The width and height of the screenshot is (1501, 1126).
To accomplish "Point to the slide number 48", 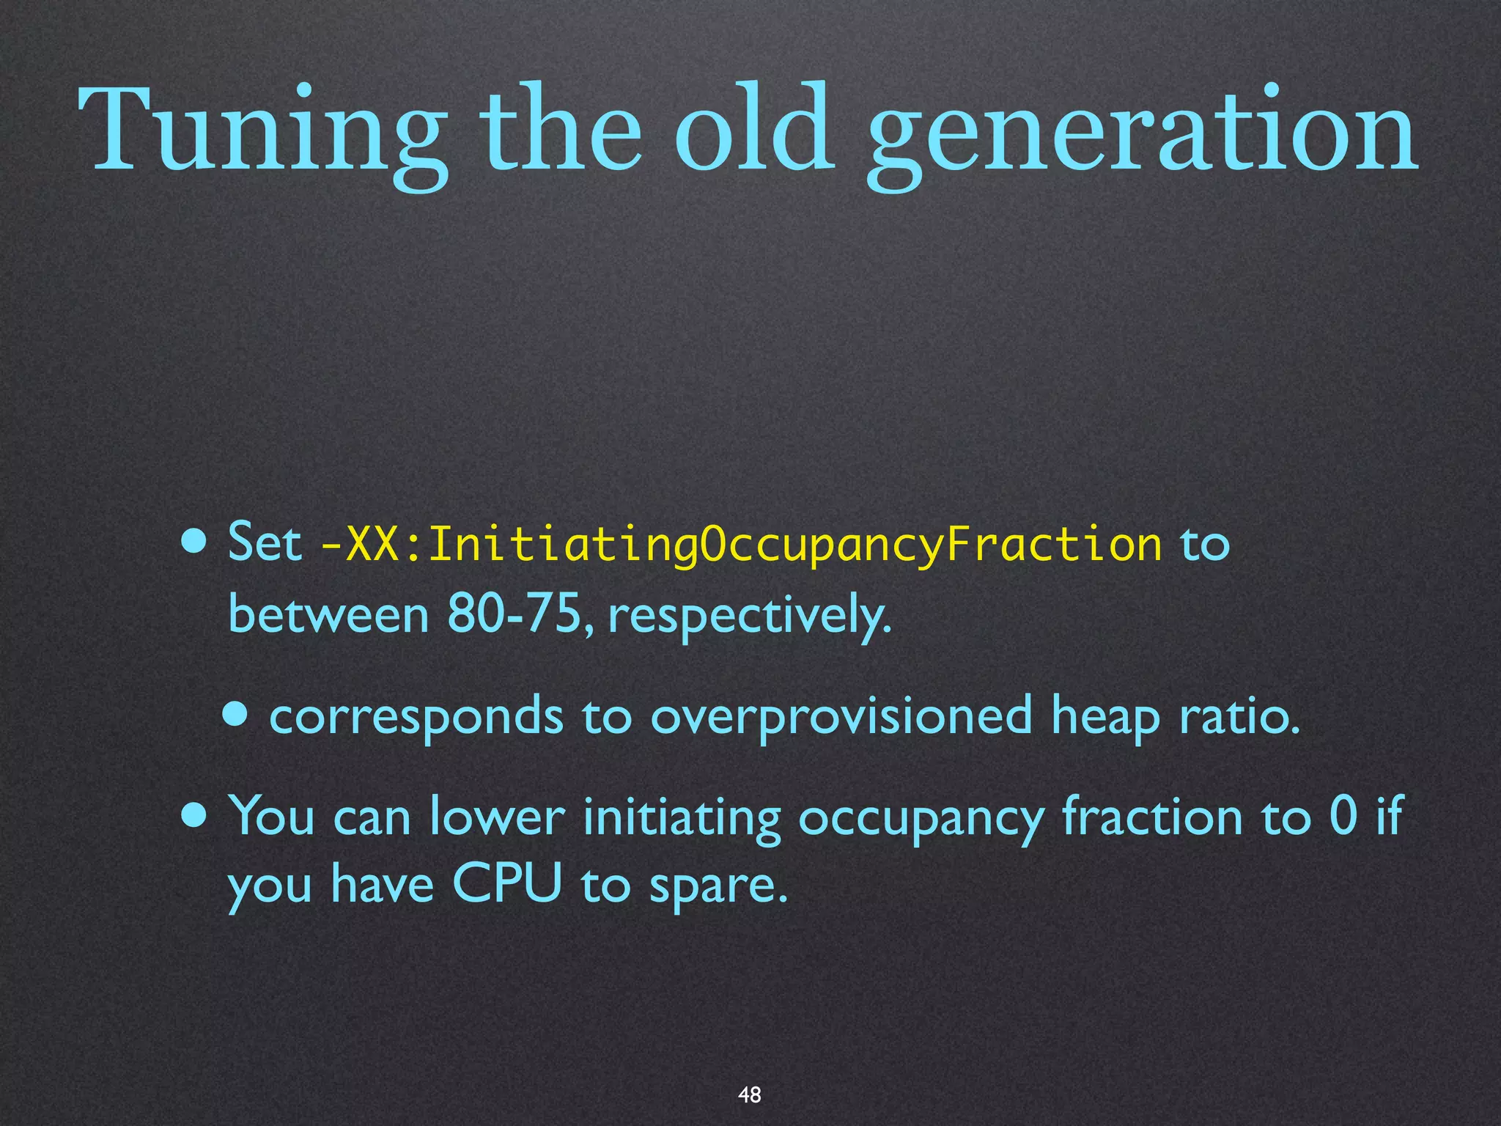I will tap(750, 1094).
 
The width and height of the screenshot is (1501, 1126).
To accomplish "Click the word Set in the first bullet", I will tap(265, 543).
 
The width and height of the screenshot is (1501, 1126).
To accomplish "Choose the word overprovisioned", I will tap(841, 717).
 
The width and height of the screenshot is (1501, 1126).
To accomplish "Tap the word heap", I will tap(1105, 717).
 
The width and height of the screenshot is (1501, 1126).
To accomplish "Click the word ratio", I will tap(1239, 715).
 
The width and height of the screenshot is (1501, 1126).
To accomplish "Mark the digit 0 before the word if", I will tap(1343, 815).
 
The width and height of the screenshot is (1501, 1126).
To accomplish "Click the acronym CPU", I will tap(506, 883).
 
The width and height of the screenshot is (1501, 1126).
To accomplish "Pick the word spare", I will tap(718, 886).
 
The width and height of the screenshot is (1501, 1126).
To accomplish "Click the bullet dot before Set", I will tap(195, 543).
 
